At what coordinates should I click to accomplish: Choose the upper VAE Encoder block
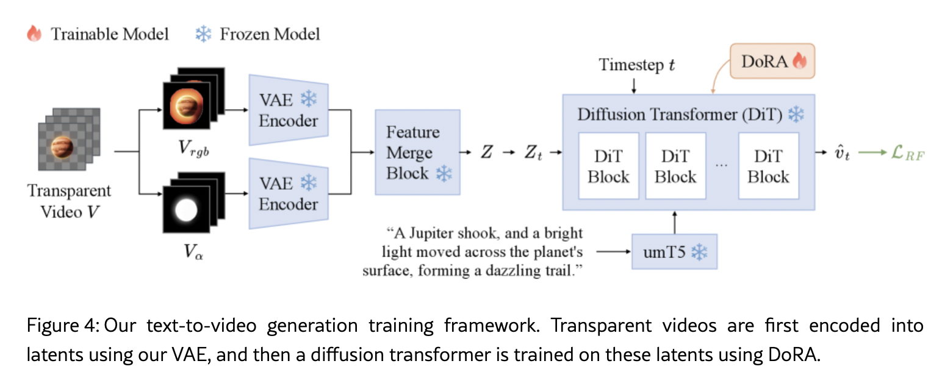[x=289, y=110]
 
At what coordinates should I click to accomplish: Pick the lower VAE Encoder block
[x=289, y=193]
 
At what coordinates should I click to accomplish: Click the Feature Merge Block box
[x=417, y=152]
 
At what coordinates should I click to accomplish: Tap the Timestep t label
[x=636, y=65]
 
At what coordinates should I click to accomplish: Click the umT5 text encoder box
[x=674, y=251]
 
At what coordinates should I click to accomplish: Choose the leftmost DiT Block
[x=608, y=166]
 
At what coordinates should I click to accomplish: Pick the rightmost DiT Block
[x=768, y=166]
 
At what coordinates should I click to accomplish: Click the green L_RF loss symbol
[x=905, y=154]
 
